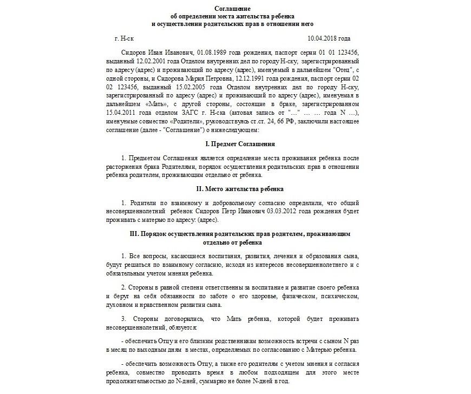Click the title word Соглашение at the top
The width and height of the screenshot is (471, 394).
233,9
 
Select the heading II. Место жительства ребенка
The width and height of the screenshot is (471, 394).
233,189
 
